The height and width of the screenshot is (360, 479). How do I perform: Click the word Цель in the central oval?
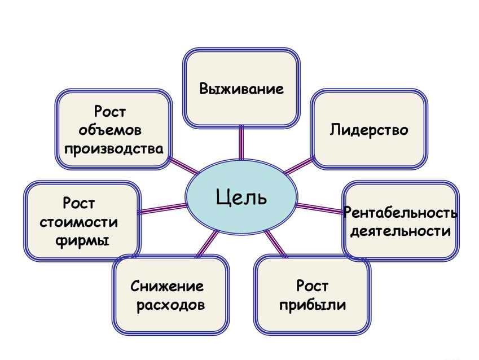click(x=241, y=198)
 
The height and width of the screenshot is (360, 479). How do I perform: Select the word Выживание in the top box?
click(x=241, y=89)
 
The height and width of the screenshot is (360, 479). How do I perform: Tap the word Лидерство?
click(x=368, y=130)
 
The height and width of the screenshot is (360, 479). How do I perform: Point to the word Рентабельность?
click(x=400, y=214)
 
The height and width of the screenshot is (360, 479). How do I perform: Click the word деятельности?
click(x=400, y=231)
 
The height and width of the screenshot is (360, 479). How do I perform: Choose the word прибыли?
click(x=312, y=305)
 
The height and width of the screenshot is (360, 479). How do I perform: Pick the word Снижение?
click(x=167, y=287)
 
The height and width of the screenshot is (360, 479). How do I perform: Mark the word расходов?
click(x=170, y=305)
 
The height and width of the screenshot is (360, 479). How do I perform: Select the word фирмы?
click(x=82, y=239)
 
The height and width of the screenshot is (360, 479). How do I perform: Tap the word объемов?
click(x=111, y=131)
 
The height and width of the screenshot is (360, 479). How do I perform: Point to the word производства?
click(x=113, y=149)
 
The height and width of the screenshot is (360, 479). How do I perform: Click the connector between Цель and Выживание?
click(x=241, y=143)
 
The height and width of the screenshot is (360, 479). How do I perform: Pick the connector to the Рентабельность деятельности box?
click(x=319, y=208)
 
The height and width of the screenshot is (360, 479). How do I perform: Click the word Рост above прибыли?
click(x=312, y=287)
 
